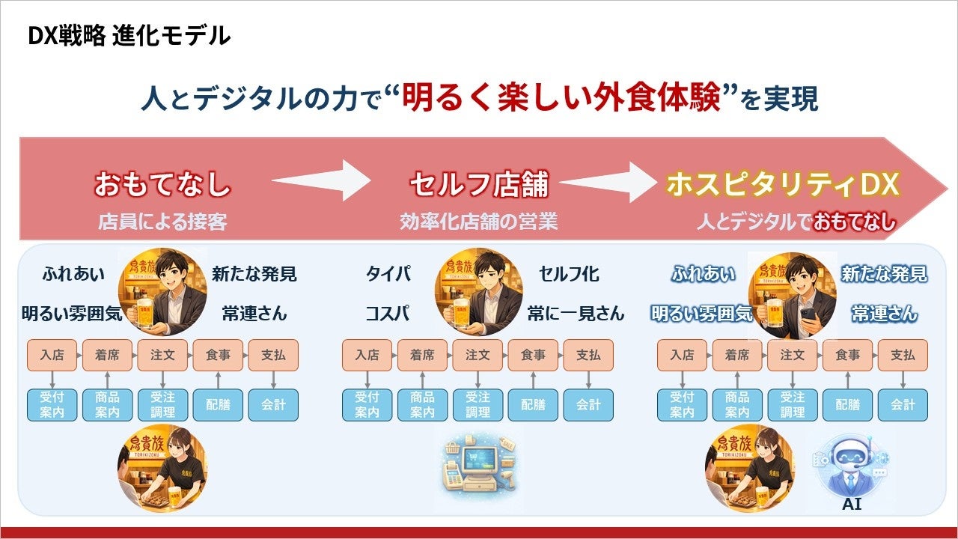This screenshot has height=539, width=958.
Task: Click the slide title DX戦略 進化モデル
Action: pyautogui.click(x=129, y=35)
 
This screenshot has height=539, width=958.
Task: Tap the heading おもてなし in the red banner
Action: pyautogui.click(x=162, y=184)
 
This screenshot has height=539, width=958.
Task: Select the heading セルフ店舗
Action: pyautogui.click(x=478, y=184)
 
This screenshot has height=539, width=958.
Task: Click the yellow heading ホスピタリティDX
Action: pyautogui.click(x=782, y=184)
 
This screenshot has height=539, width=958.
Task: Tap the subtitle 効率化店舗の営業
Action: pyautogui.click(x=478, y=222)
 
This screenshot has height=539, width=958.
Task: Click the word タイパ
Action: pyautogui.click(x=388, y=274)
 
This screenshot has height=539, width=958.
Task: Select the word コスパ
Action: pyautogui.click(x=388, y=313)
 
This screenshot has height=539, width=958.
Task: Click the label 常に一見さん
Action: pyautogui.click(x=576, y=313)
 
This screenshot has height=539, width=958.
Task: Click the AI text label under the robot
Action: pyautogui.click(x=852, y=504)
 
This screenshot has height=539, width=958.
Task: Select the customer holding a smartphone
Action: pyautogui.click(x=792, y=294)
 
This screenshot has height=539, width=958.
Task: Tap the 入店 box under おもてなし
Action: pyautogui.click(x=52, y=355)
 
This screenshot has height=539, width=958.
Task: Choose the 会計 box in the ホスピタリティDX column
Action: pyautogui.click(x=903, y=404)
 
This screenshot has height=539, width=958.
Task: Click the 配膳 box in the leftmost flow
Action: pyautogui.click(x=218, y=404)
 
